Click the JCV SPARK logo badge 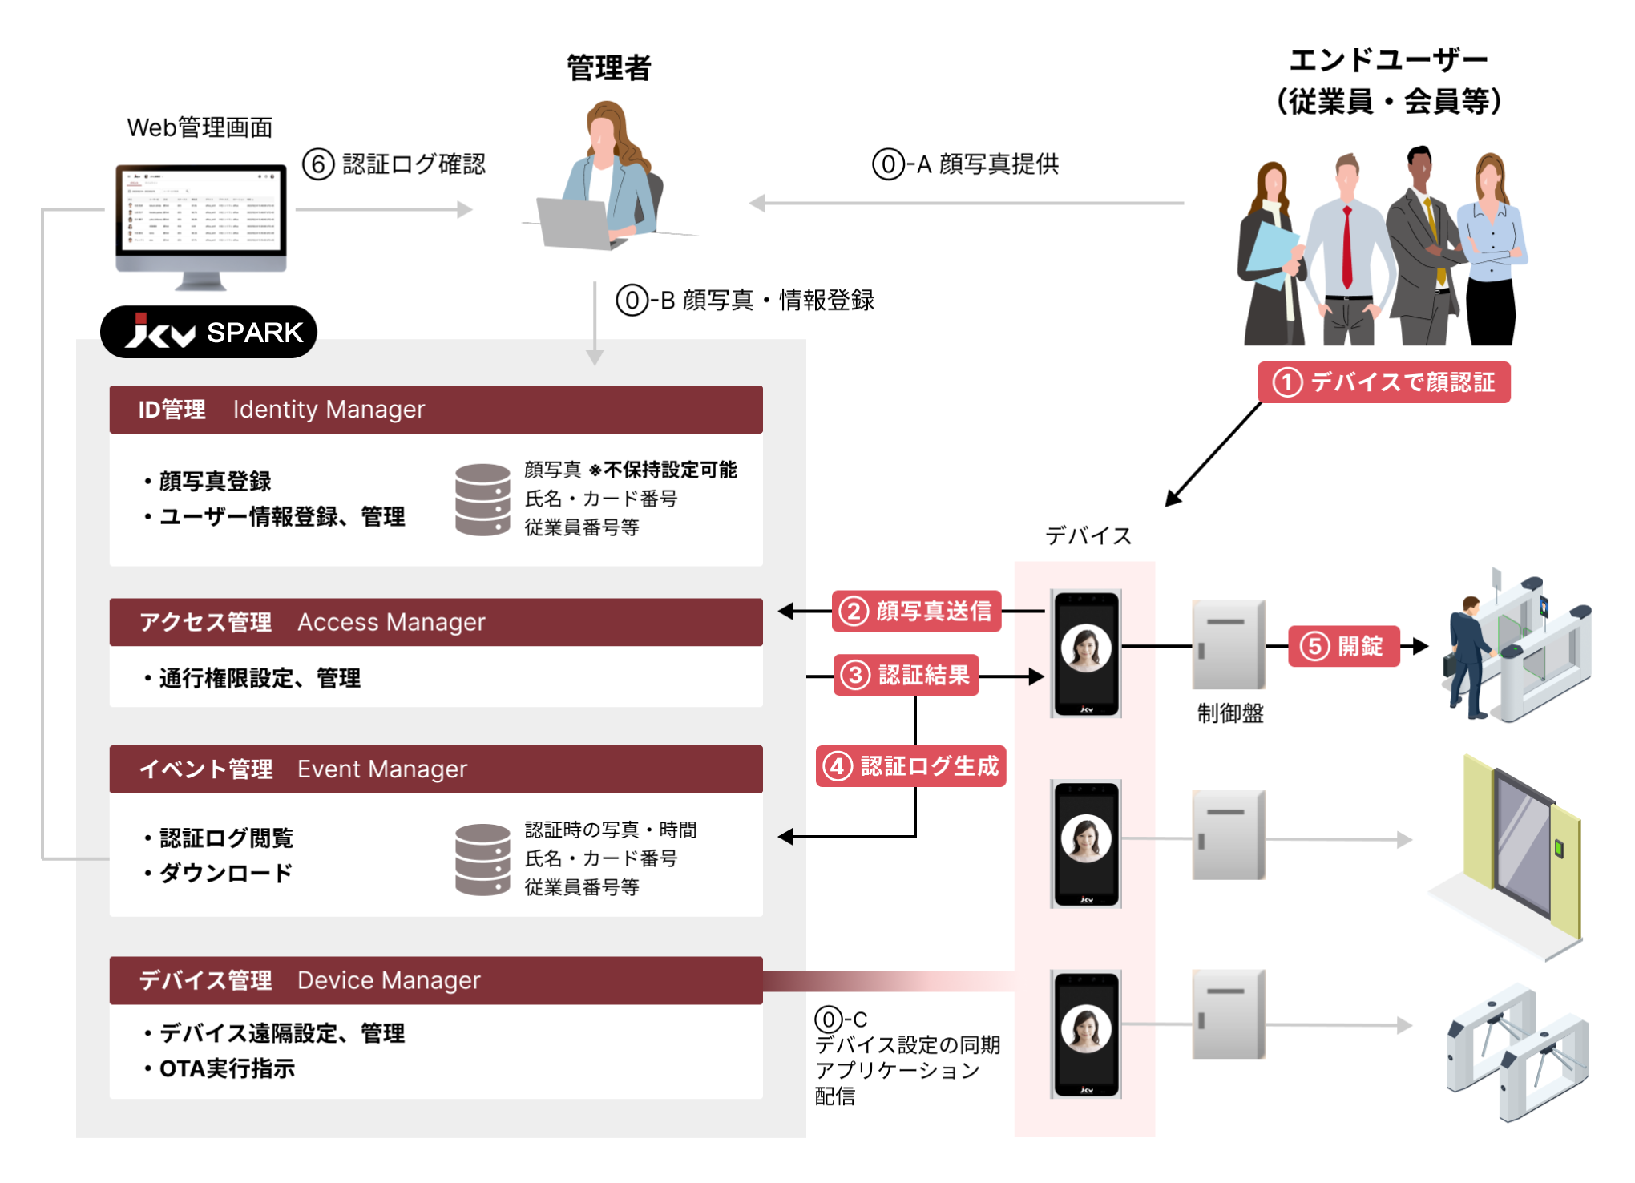pyautogui.click(x=208, y=332)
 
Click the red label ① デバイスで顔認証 pyautogui.click(x=1383, y=382)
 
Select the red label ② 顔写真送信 pyautogui.click(x=916, y=612)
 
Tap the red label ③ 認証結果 pyautogui.click(x=906, y=676)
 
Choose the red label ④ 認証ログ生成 pyautogui.click(x=910, y=766)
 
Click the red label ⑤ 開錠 pyautogui.click(x=1344, y=646)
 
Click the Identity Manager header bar pyautogui.click(x=436, y=410)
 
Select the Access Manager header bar pyautogui.click(x=436, y=622)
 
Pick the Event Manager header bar pyautogui.click(x=436, y=769)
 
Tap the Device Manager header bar pyautogui.click(x=436, y=980)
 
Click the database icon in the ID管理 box pyautogui.click(x=482, y=499)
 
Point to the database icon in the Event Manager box pyautogui.click(x=482, y=858)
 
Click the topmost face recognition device pyautogui.click(x=1086, y=653)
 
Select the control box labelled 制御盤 pyautogui.click(x=1229, y=644)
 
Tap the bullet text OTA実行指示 pyautogui.click(x=227, y=1068)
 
